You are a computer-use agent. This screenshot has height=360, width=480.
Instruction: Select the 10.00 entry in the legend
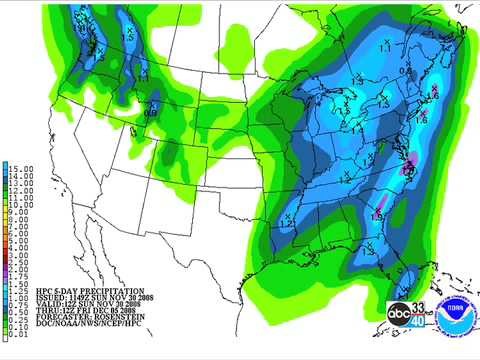point(22,205)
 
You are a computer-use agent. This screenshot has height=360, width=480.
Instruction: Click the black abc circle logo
point(399,313)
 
